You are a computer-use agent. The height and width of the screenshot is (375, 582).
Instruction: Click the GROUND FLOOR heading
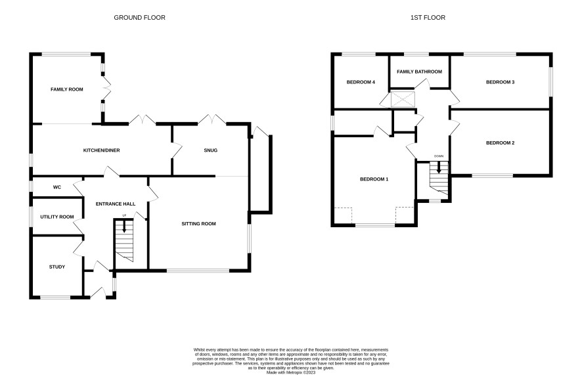coord(139,18)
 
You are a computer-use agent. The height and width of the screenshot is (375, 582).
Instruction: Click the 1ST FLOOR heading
coord(428,18)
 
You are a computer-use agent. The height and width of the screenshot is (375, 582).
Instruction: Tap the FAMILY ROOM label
coord(67,89)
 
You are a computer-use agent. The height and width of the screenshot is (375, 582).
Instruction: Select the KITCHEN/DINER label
coord(101,150)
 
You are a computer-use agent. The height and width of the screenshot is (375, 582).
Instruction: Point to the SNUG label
coord(210,150)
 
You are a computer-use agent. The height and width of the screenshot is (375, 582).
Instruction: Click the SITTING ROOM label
coord(198,224)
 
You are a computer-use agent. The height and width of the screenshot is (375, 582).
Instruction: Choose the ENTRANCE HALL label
coord(116,204)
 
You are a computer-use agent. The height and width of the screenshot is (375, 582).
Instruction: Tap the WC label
coord(56,187)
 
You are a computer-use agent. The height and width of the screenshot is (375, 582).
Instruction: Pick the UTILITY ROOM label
coord(57,217)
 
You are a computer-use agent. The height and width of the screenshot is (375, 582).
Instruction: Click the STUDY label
coord(56,267)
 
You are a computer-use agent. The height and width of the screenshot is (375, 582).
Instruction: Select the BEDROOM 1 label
coord(374,179)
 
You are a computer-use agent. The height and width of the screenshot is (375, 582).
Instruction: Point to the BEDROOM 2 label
coord(501,143)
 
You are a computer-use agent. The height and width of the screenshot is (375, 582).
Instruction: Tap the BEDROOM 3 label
coord(501,82)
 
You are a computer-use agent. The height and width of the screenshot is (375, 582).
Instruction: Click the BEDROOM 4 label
coord(361,82)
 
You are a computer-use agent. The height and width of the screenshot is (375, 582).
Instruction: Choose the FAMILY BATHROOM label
coord(420,72)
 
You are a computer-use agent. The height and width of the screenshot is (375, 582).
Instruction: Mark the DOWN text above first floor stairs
coord(439,156)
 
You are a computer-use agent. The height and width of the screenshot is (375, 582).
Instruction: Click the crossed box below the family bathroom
coord(403,99)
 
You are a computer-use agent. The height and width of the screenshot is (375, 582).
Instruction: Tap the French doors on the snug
coord(212,120)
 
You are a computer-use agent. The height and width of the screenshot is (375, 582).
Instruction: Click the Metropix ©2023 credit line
coord(291,372)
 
